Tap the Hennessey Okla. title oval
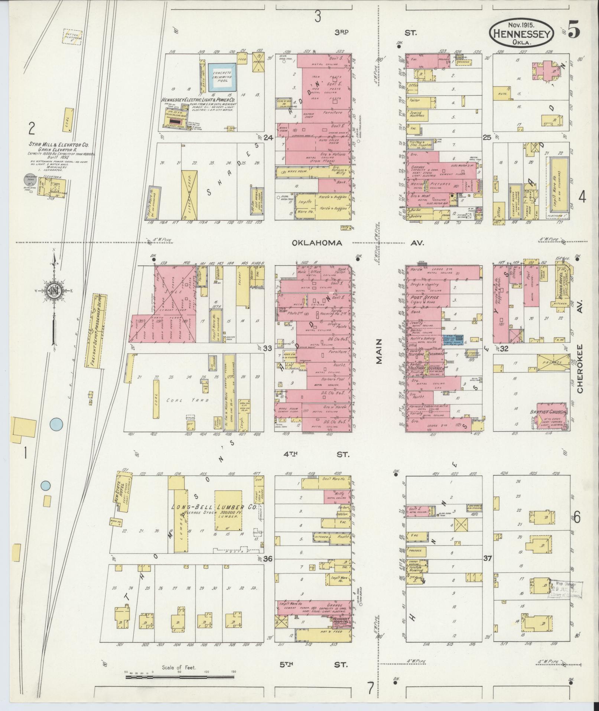pyautogui.click(x=521, y=34)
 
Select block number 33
pyautogui.click(x=267, y=348)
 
